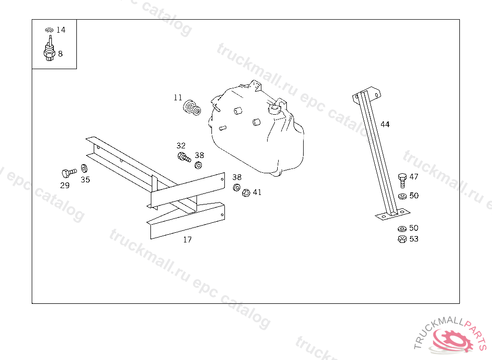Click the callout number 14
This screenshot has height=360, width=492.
(61, 30)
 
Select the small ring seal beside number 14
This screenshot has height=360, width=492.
(49, 30)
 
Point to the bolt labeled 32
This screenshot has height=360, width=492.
(184, 156)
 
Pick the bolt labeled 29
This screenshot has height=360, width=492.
(68, 172)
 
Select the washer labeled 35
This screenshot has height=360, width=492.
(84, 168)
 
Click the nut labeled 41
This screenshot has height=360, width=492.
(246, 192)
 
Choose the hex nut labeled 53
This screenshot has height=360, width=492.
(402, 239)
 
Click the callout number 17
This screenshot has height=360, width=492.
(187, 240)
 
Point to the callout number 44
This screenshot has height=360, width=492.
(385, 124)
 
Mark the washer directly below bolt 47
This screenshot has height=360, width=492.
(402, 196)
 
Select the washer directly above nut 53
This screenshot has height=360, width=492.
(402, 228)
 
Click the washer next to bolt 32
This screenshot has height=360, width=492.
(198, 166)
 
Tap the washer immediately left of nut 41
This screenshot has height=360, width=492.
(236, 187)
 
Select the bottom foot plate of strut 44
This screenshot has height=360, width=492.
(392, 214)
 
